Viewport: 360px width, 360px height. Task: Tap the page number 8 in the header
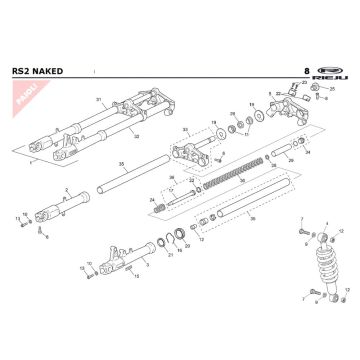305,73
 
